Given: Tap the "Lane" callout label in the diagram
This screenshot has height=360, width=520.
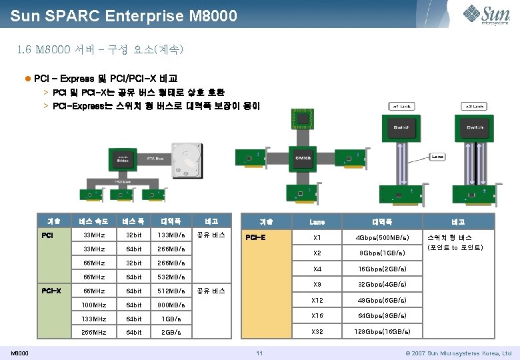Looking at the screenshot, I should [x=437, y=157].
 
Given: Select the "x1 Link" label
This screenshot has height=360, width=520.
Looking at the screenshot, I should [x=403, y=106].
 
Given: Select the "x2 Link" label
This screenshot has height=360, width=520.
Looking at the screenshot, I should [x=475, y=106].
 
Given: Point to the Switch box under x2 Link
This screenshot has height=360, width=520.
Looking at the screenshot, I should [x=475, y=127].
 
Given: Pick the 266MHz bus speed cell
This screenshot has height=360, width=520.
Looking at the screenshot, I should [x=93, y=332].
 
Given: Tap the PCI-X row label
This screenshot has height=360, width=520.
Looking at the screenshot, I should [x=51, y=291].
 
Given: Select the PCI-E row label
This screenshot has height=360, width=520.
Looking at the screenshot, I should [x=256, y=236].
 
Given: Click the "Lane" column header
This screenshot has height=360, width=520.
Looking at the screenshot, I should [x=317, y=222].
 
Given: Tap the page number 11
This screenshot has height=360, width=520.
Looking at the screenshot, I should [x=260, y=353].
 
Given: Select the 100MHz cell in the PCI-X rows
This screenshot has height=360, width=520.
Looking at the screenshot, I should [x=93, y=305].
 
